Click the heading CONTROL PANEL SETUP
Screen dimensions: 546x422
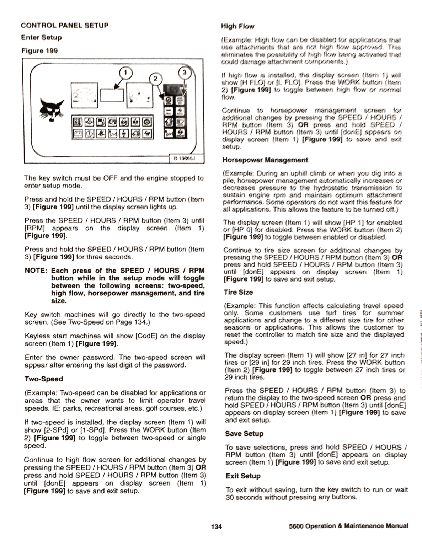tap(64, 26)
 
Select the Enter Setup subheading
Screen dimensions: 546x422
tap(41, 37)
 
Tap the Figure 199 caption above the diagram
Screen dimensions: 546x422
tap(39, 50)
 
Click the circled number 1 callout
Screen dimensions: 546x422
tap(125, 73)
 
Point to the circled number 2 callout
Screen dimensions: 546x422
tap(155, 79)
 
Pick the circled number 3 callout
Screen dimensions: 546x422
tap(184, 72)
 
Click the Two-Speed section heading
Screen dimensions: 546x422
tap(43, 379)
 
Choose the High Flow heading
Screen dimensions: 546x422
tap(237, 26)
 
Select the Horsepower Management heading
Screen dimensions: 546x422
tap(265, 160)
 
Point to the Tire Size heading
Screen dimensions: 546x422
tap(238, 292)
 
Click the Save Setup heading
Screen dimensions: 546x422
tap(244, 434)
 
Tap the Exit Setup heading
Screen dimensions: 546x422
tap(243, 476)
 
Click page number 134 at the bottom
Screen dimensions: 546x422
tap(216, 526)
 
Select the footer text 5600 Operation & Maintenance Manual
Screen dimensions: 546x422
tap(349, 526)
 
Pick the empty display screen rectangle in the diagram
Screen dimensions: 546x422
tap(112, 95)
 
